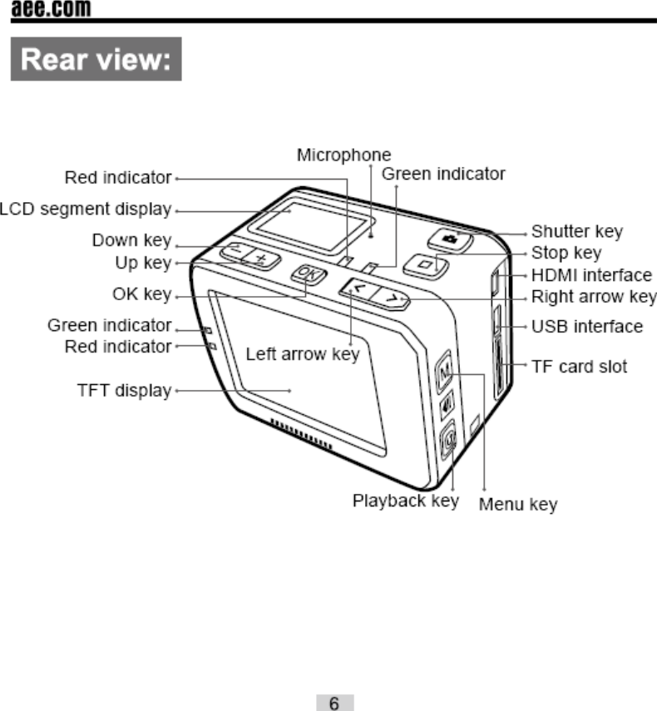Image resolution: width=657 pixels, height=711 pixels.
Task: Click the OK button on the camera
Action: (306, 274)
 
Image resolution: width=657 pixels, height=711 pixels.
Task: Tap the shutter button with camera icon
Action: (450, 239)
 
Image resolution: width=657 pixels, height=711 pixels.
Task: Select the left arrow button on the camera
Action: (357, 289)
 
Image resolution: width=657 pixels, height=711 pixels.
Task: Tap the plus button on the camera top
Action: (260, 259)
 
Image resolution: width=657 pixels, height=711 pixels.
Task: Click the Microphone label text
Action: (344, 156)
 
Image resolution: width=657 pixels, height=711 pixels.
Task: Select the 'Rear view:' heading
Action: (96, 62)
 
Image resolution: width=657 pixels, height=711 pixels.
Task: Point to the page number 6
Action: (333, 703)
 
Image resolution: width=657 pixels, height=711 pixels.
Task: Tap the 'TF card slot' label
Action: (580, 366)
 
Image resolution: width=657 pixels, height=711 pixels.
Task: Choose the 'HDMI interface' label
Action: (591, 274)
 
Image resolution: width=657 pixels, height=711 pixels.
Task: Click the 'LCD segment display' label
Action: (86, 209)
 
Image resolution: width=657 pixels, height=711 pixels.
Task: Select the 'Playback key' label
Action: (406, 501)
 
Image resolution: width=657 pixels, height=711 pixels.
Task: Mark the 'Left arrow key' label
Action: (303, 354)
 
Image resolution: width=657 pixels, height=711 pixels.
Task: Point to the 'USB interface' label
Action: (587, 326)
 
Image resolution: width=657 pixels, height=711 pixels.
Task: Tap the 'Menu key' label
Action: (518, 504)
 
